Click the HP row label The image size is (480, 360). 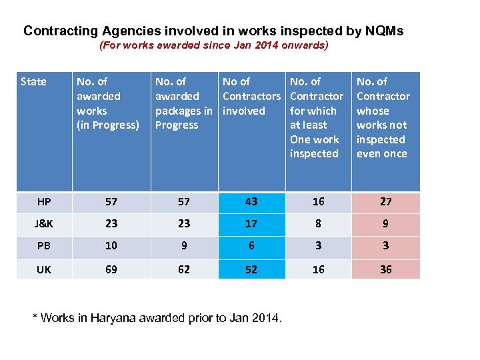[44, 201]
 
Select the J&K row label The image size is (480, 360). [44, 224]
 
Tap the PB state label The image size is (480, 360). [44, 246]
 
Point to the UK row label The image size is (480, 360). [44, 269]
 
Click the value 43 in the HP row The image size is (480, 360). [251, 201]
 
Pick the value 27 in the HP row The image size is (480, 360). [385, 201]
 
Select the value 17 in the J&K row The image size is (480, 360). [251, 224]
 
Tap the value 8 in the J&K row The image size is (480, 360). [318, 224]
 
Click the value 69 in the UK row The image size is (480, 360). [111, 269]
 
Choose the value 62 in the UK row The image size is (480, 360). [184, 269]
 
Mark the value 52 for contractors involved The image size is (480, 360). [251, 269]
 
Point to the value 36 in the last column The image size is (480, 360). [385, 269]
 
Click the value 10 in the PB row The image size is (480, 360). [111, 246]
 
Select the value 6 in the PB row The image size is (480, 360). [251, 246]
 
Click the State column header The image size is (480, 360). [34, 82]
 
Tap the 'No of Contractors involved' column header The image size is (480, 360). [251, 96]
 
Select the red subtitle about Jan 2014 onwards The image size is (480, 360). [213, 46]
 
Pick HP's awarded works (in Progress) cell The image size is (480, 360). [111, 201]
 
